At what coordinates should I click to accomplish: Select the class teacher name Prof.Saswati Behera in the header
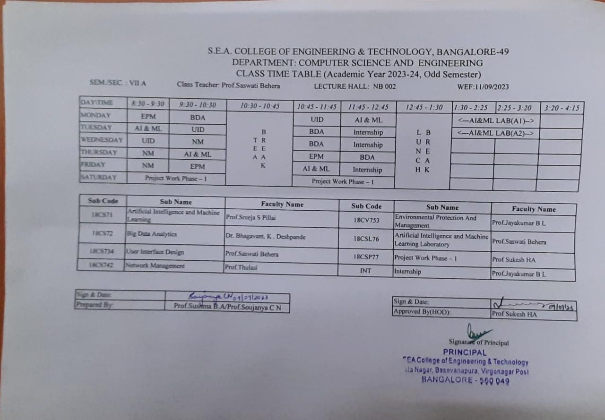point(251,86)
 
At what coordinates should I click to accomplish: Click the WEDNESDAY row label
point(102,140)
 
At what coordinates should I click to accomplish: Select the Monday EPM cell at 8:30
point(148,116)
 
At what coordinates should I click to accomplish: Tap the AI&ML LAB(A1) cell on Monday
point(495,121)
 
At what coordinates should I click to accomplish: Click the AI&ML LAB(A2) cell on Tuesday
point(495,133)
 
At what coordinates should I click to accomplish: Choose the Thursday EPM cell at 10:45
point(316,156)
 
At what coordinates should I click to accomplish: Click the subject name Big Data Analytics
point(152,234)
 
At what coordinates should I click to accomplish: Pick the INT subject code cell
point(365,271)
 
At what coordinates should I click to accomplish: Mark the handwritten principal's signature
point(477,330)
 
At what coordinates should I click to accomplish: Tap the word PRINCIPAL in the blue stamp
point(464,352)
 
